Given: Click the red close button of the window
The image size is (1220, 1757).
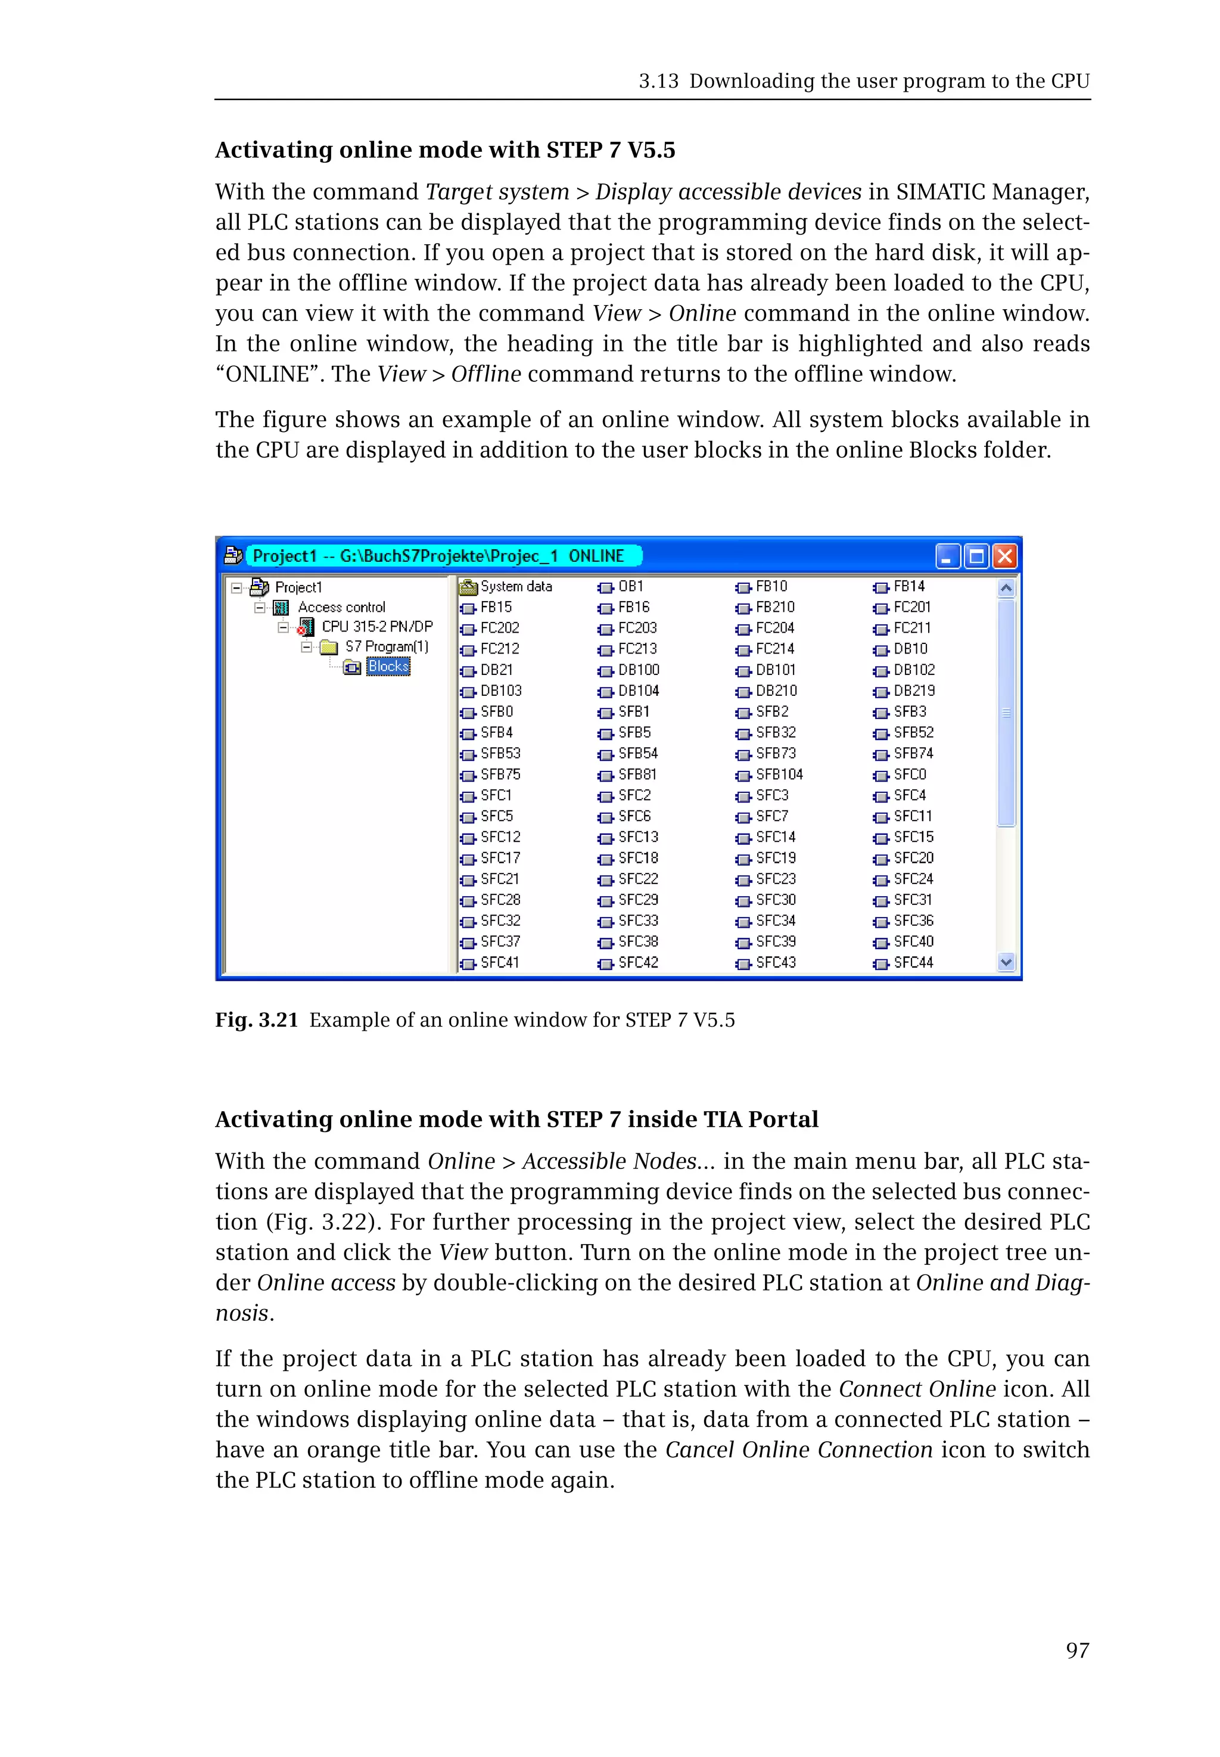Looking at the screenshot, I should tap(1004, 556).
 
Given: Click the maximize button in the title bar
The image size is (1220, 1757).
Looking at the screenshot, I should tap(976, 556).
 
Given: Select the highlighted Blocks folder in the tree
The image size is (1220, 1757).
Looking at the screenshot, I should tap(388, 667).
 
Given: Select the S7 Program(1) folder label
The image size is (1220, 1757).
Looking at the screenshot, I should tap(386, 646).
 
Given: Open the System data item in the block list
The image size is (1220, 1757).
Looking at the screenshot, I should tap(515, 586).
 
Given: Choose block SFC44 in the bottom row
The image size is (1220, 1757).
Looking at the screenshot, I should tap(913, 963).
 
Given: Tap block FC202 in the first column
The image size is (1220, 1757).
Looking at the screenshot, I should tap(499, 628).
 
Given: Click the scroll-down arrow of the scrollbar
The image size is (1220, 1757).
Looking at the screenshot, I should tap(1006, 963).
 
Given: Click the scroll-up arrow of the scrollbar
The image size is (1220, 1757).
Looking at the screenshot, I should tap(1006, 588).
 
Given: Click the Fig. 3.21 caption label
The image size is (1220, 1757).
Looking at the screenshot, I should tap(256, 1020).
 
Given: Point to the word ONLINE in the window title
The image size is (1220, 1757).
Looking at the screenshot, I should tap(596, 556).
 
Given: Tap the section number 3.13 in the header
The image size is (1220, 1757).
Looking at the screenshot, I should tap(658, 81).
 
